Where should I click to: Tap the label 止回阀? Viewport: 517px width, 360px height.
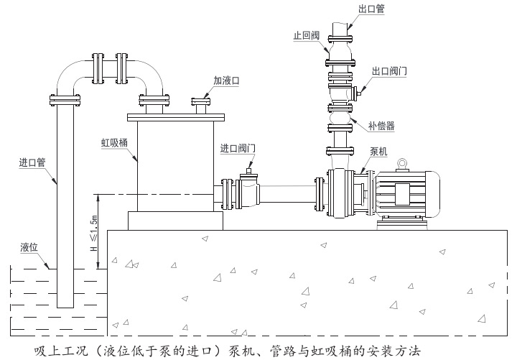click(x=305, y=34)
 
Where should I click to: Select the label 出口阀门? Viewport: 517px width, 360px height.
click(x=390, y=71)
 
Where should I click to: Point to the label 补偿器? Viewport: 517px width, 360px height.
click(x=381, y=126)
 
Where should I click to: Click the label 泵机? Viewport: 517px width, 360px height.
click(x=378, y=151)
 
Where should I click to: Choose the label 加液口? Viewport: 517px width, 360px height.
click(x=226, y=82)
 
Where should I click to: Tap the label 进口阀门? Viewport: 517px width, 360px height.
click(x=238, y=149)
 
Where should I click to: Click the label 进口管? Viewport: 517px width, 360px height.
click(x=32, y=162)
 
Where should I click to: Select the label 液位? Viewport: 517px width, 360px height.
click(x=29, y=247)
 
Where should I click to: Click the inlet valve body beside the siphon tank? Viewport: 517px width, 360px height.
click(x=248, y=193)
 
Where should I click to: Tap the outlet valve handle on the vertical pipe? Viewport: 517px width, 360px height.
click(x=358, y=91)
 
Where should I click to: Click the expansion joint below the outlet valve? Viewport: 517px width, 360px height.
click(x=340, y=116)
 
